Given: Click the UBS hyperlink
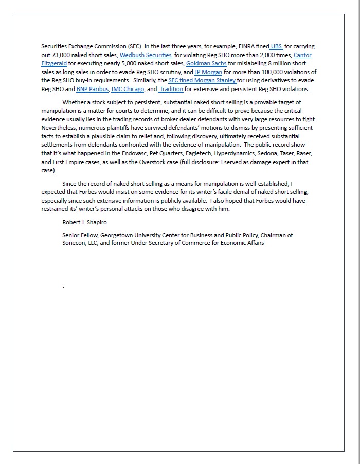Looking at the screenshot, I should click(x=277, y=46).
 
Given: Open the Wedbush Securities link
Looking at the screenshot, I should click(x=146, y=55).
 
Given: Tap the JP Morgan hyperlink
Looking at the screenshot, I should click(x=208, y=72).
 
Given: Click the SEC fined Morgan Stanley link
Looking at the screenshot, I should click(x=202, y=80).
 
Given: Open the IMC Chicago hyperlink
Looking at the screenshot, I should click(x=128, y=89).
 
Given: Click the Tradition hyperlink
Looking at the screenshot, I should click(x=171, y=89).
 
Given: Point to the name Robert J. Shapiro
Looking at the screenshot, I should click(x=85, y=222).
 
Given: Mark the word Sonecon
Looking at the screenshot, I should click(x=75, y=243).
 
